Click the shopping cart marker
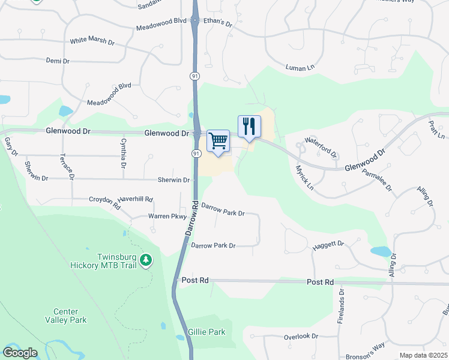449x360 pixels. coord(218,142)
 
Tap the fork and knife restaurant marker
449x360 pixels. coord(249,127)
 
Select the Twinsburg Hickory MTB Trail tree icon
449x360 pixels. coord(146,260)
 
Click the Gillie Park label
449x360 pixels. coord(206,331)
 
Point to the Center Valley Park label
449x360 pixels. coord(70,316)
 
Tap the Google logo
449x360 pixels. coord(20,353)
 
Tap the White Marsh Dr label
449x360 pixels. coord(92,41)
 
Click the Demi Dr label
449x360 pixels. coord(58,61)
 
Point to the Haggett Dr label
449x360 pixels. coord(328,245)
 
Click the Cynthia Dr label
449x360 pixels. coord(123,152)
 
